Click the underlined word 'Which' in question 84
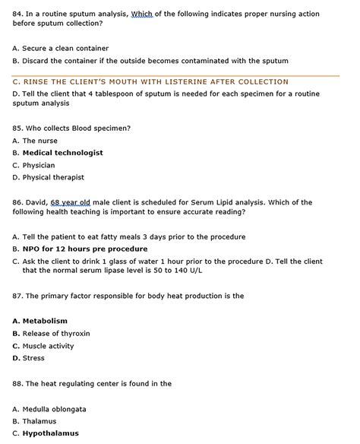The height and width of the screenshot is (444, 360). (142, 14)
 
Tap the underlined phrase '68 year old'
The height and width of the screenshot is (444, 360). (70, 202)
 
